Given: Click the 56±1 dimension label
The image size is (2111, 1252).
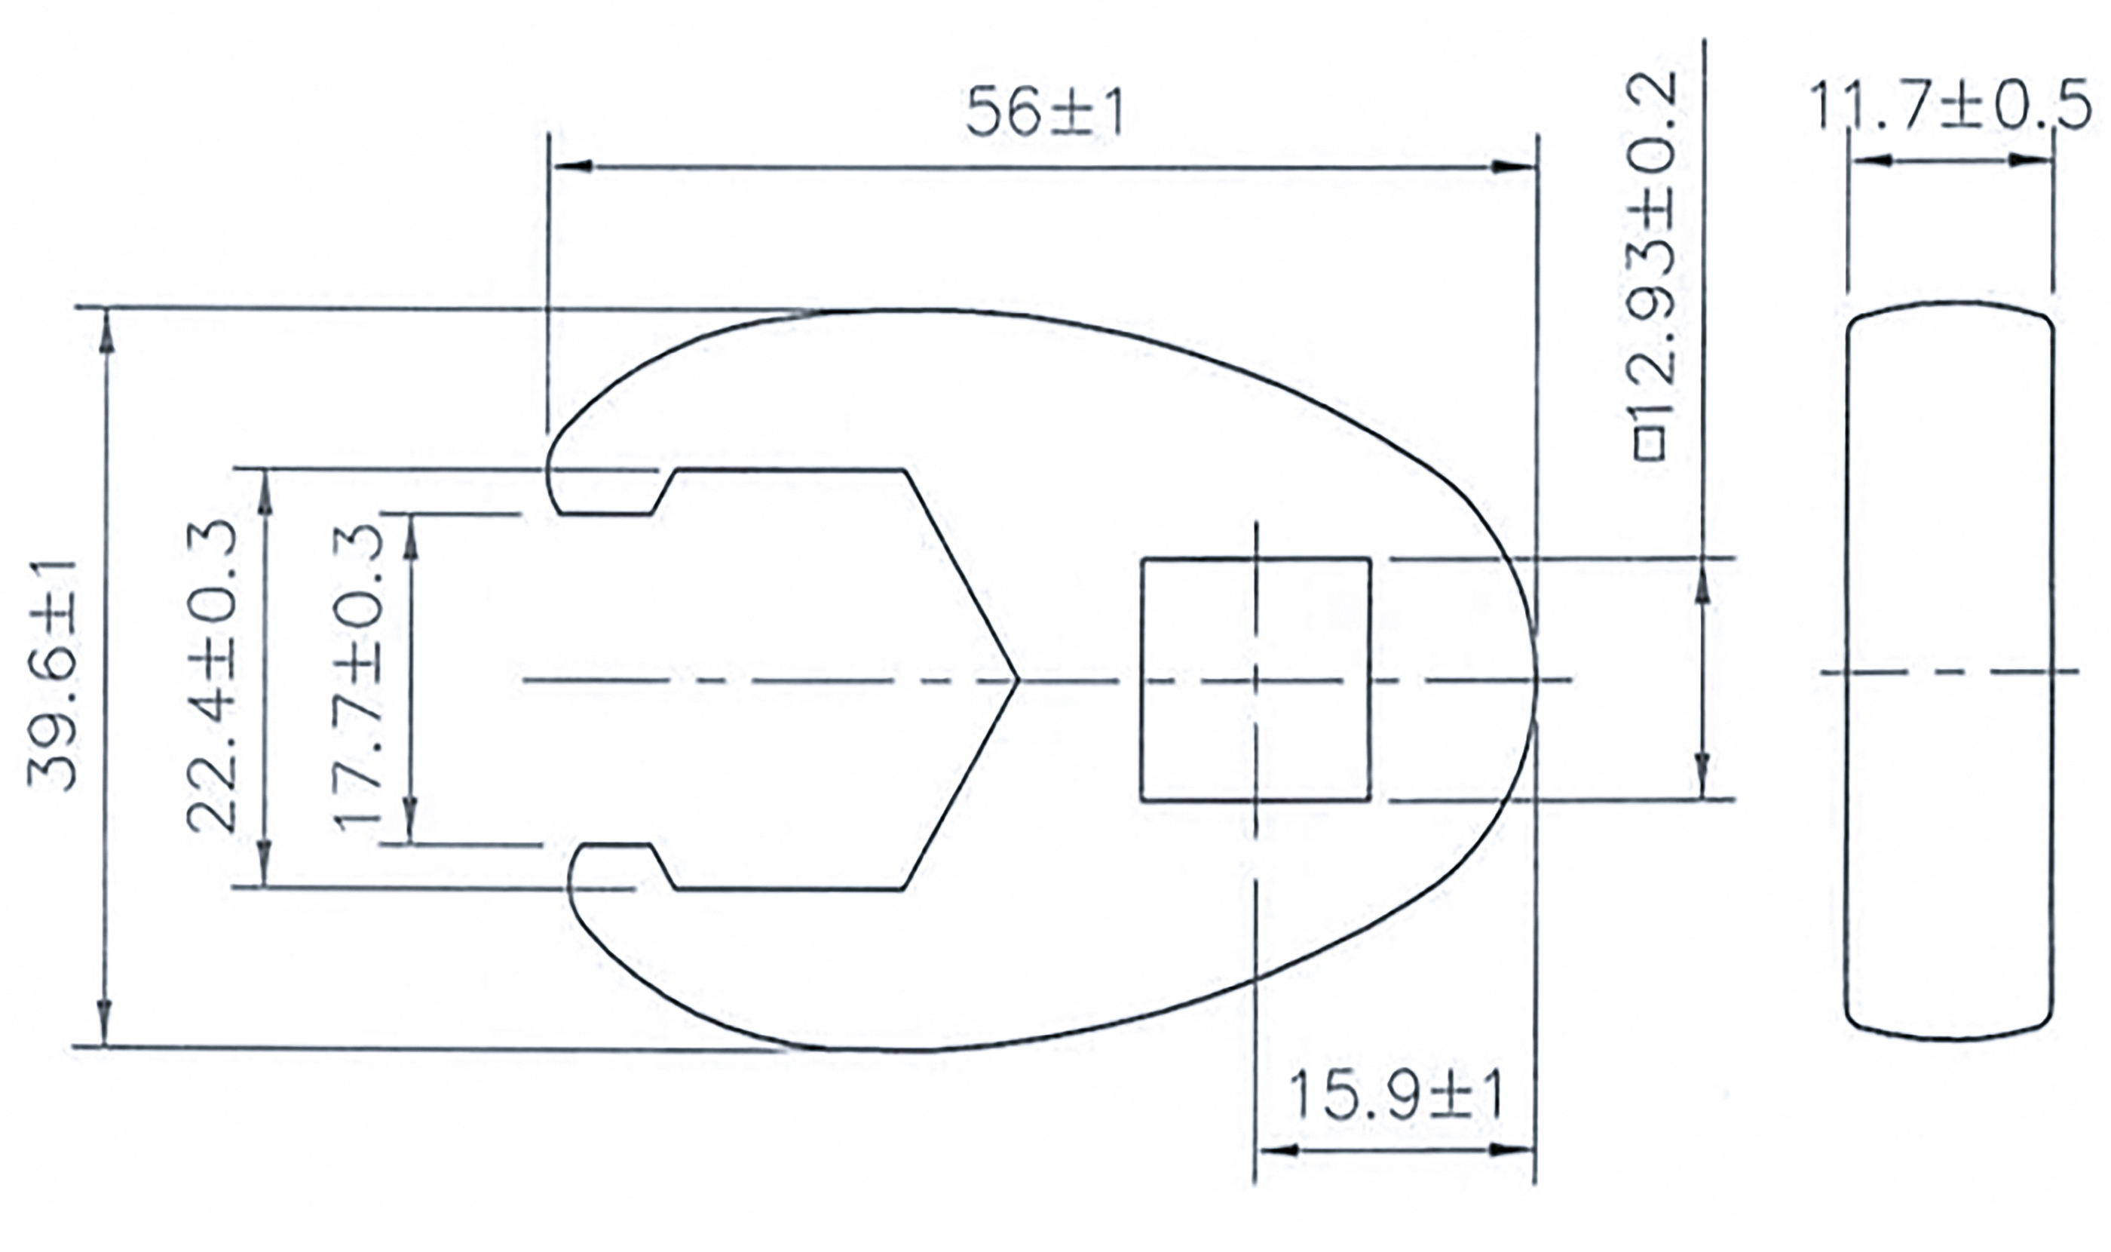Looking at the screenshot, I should [1044, 113].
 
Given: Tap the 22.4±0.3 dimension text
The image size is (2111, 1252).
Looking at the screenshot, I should [211, 676].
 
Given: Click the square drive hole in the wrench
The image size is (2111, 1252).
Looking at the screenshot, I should [1255, 679].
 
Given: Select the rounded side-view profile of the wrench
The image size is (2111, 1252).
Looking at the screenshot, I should [1950, 670].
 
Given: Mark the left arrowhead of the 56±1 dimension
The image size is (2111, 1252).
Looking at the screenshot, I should [569, 166].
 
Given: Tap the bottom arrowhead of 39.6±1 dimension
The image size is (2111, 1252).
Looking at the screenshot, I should [105, 1024].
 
